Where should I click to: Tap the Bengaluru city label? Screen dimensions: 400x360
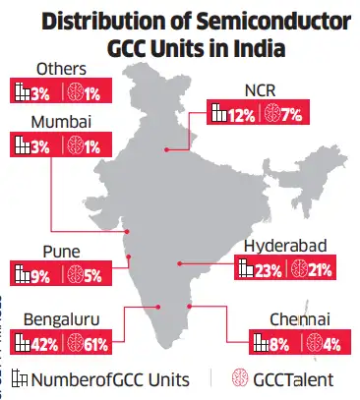tap(47, 320)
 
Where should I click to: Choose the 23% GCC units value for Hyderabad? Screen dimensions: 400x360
tap(266, 268)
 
